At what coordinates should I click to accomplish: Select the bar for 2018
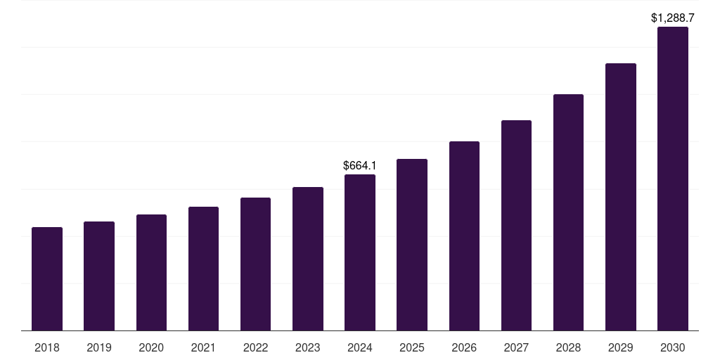(x=47, y=279)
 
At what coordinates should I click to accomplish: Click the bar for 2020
(x=151, y=273)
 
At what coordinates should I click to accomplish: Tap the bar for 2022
(x=255, y=264)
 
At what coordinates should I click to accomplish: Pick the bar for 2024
(x=360, y=252)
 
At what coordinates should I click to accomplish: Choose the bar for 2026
(x=464, y=236)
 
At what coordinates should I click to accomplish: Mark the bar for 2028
(x=568, y=212)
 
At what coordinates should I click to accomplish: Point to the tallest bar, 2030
(x=673, y=179)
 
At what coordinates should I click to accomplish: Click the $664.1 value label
(x=360, y=166)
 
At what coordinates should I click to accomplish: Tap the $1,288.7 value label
(x=673, y=18)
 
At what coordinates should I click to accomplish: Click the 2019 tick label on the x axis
(x=99, y=347)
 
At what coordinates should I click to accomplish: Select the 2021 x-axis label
(x=203, y=347)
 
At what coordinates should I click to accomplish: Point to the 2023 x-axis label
(x=308, y=347)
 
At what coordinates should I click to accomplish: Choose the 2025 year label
(x=412, y=347)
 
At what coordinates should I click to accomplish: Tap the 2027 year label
(x=516, y=347)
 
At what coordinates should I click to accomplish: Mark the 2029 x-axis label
(x=621, y=347)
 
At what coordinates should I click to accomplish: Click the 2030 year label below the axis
(x=673, y=347)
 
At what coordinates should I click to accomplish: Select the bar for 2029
(x=621, y=197)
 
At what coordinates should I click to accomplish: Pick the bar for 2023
(x=308, y=259)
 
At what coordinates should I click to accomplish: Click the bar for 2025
(x=412, y=245)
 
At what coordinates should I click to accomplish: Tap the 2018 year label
(x=47, y=347)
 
